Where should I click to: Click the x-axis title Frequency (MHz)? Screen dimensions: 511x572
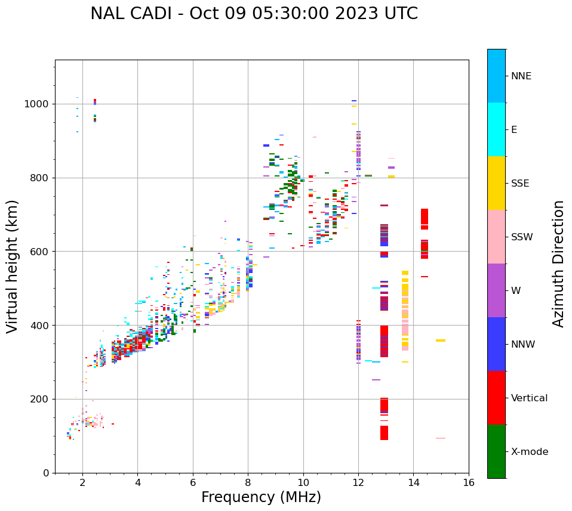pos(261,497)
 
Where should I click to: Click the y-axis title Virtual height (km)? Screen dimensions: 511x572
pos(13,266)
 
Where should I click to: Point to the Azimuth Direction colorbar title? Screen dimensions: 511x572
pos(558,263)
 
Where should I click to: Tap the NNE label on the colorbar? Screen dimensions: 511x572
pos(521,76)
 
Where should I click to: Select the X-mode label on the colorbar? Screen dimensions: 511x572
pos(529,452)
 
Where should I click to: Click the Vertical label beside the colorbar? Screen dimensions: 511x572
pos(529,398)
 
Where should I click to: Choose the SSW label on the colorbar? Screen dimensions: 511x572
pos(522,237)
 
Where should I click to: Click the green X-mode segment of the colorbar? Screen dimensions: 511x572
pos(496,451)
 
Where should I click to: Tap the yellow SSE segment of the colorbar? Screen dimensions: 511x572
pos(496,183)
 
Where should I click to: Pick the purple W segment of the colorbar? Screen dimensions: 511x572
pos(496,290)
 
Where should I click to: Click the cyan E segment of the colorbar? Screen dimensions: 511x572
pos(496,129)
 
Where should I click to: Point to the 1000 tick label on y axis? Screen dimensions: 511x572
pos(37,104)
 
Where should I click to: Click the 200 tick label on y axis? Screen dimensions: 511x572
pos(40,399)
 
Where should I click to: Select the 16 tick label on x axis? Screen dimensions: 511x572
pos(468,482)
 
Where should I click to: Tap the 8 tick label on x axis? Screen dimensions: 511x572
pos(248,482)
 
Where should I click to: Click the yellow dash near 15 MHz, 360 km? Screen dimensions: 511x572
pos(441,340)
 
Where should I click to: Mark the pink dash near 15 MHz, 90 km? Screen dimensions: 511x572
pos(441,438)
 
